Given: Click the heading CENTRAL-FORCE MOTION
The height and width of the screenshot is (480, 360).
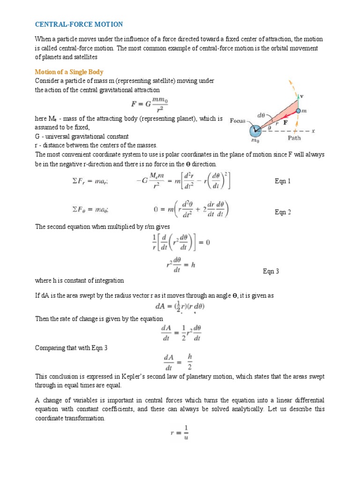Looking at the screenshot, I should click(79, 24).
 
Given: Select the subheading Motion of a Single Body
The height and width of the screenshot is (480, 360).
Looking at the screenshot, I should click(69, 72).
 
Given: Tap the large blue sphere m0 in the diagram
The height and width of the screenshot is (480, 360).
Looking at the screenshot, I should click(255, 130).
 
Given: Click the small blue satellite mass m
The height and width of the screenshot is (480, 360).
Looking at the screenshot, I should click(298, 111).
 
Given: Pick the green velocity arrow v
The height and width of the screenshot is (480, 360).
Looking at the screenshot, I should click(298, 100).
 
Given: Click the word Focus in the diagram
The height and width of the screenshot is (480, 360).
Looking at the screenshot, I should click(238, 121).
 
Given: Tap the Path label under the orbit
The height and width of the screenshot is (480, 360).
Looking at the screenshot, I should click(294, 138).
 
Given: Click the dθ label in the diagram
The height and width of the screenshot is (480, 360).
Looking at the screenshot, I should click(263, 114).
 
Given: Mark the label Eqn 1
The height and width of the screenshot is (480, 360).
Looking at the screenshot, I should click(283, 181).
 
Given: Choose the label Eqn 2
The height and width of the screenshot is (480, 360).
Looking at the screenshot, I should click(283, 212).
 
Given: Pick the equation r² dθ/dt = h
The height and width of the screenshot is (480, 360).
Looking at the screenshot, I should click(180, 265).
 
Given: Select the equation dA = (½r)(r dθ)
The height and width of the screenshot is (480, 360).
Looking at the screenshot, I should click(180, 307).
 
